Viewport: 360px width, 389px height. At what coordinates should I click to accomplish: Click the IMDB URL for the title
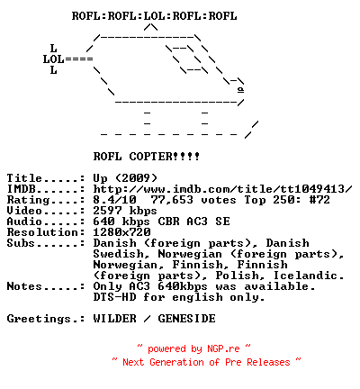pos(222,189)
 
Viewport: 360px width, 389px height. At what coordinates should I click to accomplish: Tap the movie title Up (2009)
pos(125,178)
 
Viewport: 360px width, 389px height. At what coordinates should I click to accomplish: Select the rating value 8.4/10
pos(114,200)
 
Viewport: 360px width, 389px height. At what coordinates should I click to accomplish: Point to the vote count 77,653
pos(172,200)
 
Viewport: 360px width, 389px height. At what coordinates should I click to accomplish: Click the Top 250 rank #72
pos(319,200)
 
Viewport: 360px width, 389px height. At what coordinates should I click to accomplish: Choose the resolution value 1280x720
pos(121,232)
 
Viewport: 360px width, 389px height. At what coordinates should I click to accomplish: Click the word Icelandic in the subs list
pos(308,276)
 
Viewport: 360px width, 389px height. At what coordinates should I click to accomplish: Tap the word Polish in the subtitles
pos(238,276)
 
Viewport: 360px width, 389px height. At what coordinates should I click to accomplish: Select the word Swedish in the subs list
pos(121,254)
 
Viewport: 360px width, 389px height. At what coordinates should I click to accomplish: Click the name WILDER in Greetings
pos(114,319)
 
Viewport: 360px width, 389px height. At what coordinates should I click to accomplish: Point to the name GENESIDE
pos(186,319)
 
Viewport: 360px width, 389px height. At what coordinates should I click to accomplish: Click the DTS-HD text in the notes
pos(114,297)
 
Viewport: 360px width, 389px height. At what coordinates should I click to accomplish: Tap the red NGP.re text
pos(223,348)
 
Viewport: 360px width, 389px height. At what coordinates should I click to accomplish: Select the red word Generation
pos(176,362)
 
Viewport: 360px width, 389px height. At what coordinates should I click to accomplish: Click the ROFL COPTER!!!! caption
pos(147,157)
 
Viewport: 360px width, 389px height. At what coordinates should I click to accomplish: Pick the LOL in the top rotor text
pos(155,16)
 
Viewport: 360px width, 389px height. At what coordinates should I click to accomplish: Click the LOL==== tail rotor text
pos(68,59)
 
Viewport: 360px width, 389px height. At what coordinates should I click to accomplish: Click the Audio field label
pos(24,222)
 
